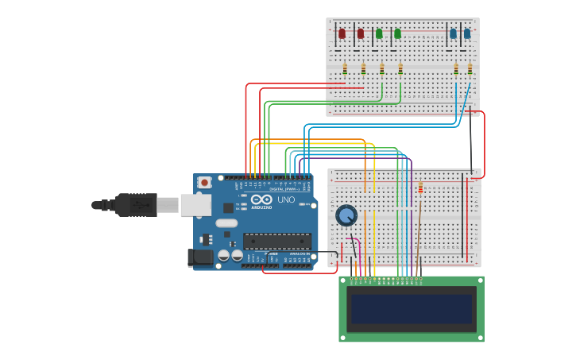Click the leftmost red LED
342,33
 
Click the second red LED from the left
361,33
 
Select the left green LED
379,33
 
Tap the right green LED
397,33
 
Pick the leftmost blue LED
453,33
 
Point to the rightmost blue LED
467,33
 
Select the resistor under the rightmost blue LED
470,69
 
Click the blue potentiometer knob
346,215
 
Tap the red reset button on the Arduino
204,183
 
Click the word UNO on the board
285,200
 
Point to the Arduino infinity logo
261,199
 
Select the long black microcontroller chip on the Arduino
276,241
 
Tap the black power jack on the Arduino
200,257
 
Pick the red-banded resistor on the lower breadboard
420,188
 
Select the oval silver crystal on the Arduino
226,223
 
